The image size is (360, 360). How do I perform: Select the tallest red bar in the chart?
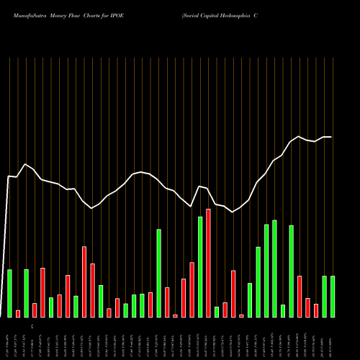coord(208,263)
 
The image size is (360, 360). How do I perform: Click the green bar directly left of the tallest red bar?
coord(200,266)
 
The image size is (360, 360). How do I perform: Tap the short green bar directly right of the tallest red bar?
coord(217,312)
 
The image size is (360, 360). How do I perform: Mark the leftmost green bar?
coord(9,293)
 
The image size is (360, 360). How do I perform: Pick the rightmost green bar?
coord(333,296)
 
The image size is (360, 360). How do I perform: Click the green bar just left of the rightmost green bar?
coord(324,296)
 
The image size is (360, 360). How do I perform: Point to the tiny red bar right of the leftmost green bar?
coord(18,313)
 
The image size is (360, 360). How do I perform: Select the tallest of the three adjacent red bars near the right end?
coord(300,296)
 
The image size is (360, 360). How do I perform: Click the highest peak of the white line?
coord(299,136)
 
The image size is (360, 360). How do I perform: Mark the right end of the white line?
coord(331,137)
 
